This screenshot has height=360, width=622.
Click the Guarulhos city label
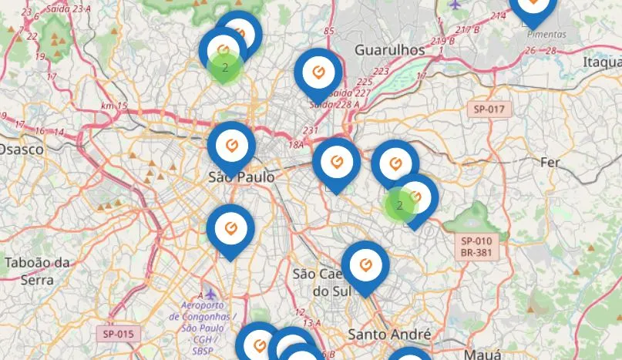point(389,49)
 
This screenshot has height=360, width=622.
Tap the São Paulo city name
point(241,177)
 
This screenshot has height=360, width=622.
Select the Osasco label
point(21,149)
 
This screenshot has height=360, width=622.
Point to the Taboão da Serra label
point(37,271)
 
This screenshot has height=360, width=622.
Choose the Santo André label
point(389,335)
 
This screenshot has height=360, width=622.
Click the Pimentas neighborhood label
point(545,34)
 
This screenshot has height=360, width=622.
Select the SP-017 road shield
point(489,109)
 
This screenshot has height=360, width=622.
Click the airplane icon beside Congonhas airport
point(210,294)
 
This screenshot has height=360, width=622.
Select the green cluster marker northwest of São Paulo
point(225,68)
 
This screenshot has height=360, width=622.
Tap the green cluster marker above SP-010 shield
point(399,205)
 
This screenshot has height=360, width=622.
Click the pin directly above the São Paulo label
point(231,143)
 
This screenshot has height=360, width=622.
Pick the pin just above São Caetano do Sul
point(365,264)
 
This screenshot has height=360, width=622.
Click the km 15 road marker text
point(113,106)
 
